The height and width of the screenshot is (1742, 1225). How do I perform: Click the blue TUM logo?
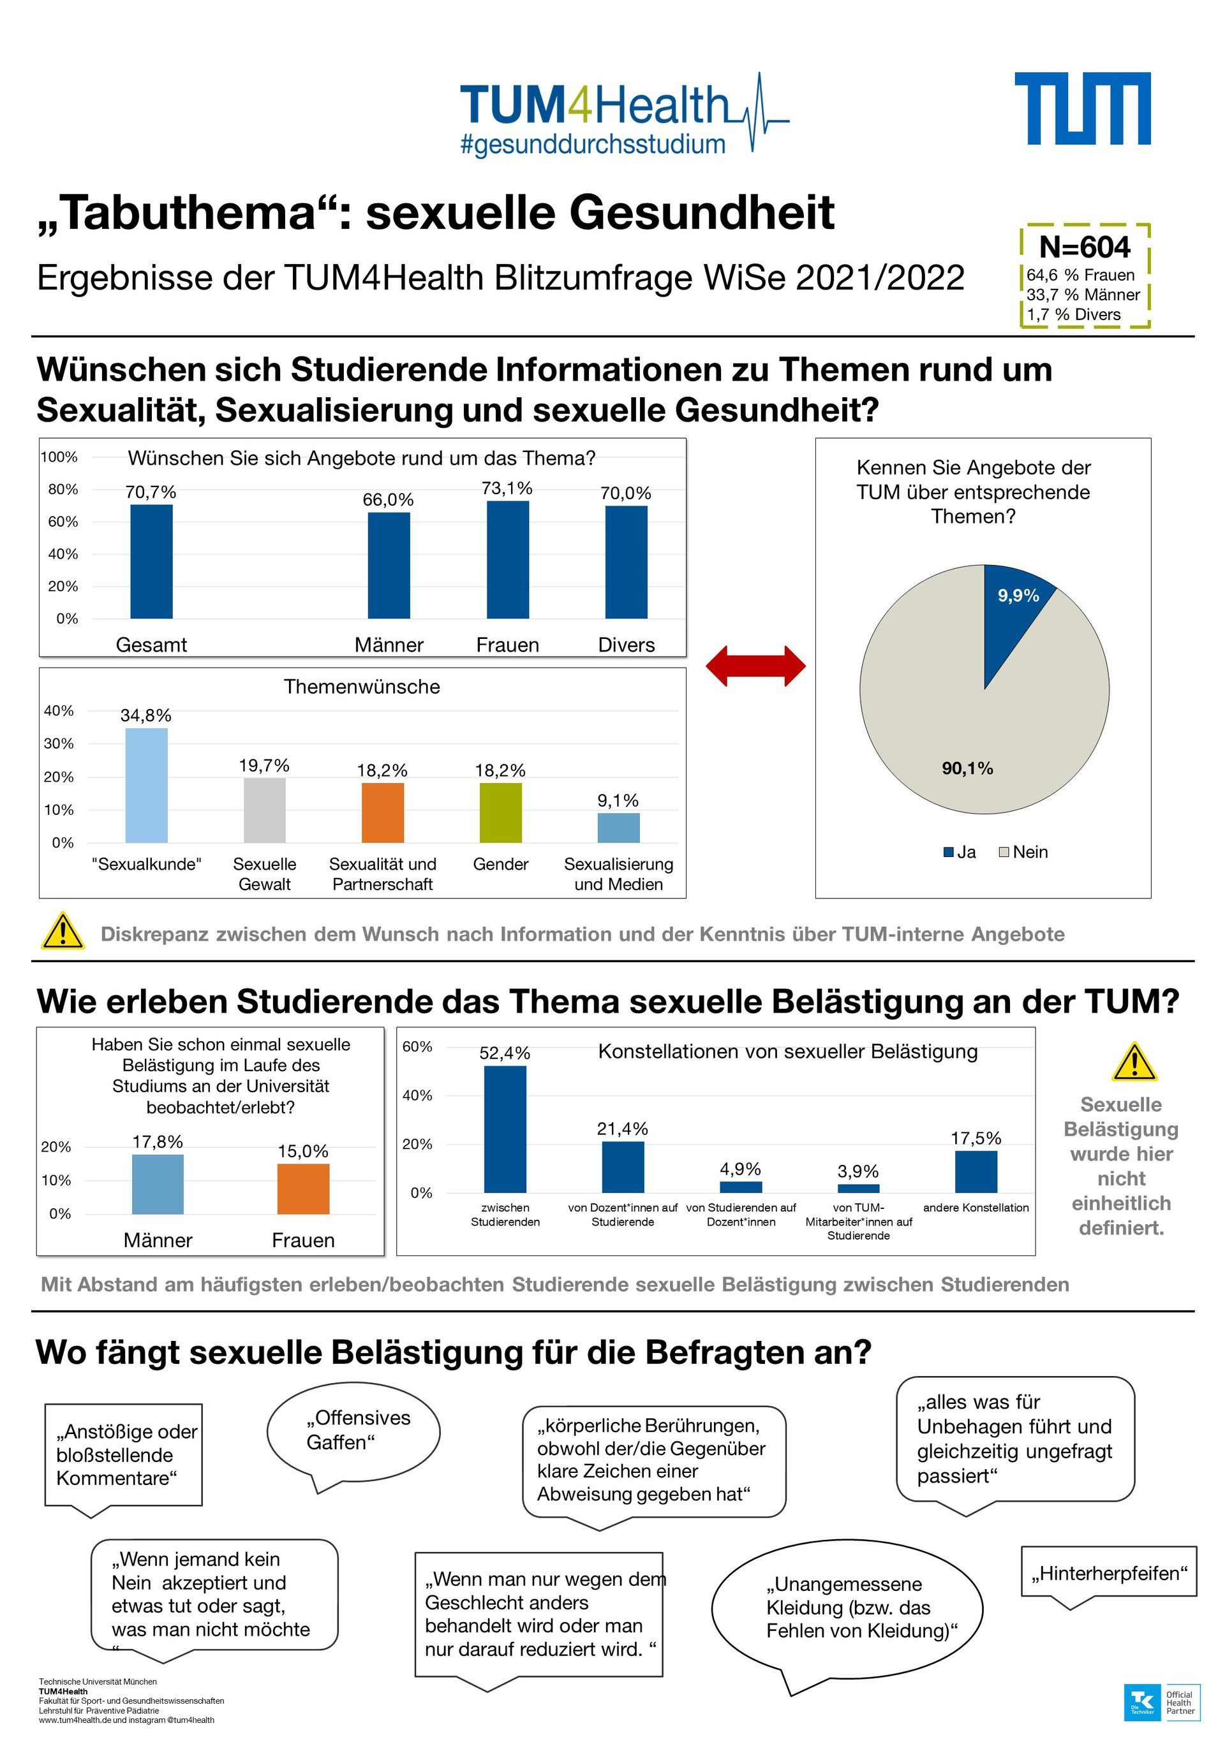tap(1081, 108)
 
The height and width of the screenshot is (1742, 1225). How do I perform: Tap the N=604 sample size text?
tap(1084, 247)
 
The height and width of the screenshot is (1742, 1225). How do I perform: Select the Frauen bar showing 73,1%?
tap(507, 560)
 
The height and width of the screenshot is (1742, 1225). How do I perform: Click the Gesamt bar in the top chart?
tap(151, 562)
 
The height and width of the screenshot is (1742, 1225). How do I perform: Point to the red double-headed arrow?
tap(755, 666)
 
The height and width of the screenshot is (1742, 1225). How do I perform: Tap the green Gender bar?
tap(500, 812)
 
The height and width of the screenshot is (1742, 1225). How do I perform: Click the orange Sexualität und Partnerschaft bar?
tap(383, 812)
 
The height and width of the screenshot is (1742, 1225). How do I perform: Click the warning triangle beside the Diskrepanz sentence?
tap(63, 932)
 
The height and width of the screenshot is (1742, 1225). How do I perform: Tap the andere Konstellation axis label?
tap(976, 1207)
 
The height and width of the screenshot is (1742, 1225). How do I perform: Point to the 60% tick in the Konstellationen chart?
tap(417, 1047)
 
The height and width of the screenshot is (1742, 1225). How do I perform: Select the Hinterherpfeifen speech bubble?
tap(1108, 1574)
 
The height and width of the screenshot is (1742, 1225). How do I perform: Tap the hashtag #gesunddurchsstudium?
tap(593, 144)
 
